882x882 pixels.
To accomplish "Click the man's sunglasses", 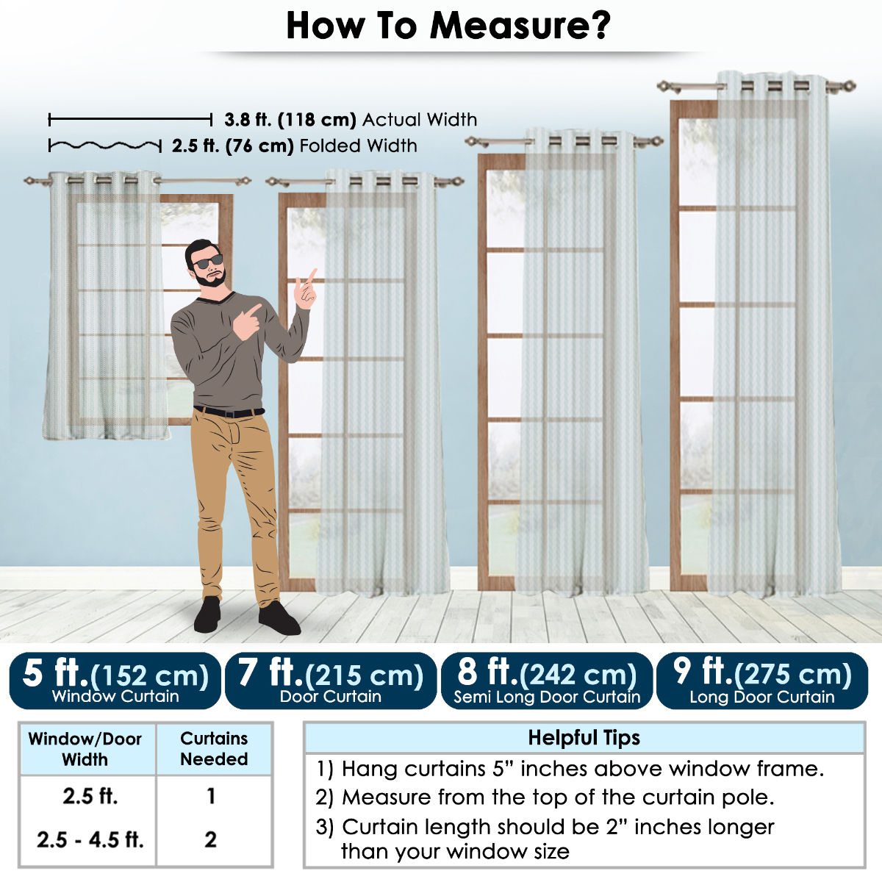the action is (x=208, y=262).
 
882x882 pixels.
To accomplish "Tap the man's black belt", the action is (x=229, y=412).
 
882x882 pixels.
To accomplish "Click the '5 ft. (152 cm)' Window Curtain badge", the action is (x=115, y=681).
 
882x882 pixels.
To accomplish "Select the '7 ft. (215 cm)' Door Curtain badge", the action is (x=331, y=681).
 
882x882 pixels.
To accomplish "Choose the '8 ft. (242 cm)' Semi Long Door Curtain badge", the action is (x=547, y=681).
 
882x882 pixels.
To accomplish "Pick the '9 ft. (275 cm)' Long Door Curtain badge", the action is (x=762, y=681).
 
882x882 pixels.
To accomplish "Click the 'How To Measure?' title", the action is (x=448, y=26).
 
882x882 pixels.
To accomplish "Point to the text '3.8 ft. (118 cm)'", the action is (x=290, y=120).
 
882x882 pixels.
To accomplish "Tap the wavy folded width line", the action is (x=105, y=146).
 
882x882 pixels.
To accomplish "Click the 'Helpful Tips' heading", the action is (x=584, y=738).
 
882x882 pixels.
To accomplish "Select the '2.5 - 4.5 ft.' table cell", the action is (x=90, y=839).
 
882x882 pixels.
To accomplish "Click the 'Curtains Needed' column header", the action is (x=214, y=749).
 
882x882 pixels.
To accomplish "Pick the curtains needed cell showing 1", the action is (x=211, y=797).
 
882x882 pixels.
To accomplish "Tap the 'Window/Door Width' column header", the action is (x=85, y=749).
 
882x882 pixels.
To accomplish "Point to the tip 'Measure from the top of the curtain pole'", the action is (x=545, y=797).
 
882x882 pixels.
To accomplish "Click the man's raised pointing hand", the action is (x=306, y=290).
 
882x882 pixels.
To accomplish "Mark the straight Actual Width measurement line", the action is (x=130, y=120).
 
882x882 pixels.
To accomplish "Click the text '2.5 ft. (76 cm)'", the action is (x=232, y=146).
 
